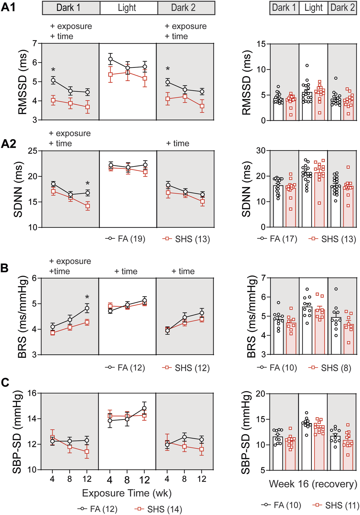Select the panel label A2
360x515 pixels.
(8, 144)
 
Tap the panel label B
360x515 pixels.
(5, 268)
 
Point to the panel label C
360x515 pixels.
(5, 382)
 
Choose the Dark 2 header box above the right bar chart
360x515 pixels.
(342, 8)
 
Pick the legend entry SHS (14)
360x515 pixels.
(159, 509)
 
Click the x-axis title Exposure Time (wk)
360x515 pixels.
(127, 493)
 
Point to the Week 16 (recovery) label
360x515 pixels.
(313, 484)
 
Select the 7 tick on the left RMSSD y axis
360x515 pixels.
(35, 43)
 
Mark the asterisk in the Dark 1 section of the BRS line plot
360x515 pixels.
(87, 297)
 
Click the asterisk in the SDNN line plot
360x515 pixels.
(88, 183)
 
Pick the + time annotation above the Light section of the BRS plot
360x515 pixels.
(126, 271)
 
